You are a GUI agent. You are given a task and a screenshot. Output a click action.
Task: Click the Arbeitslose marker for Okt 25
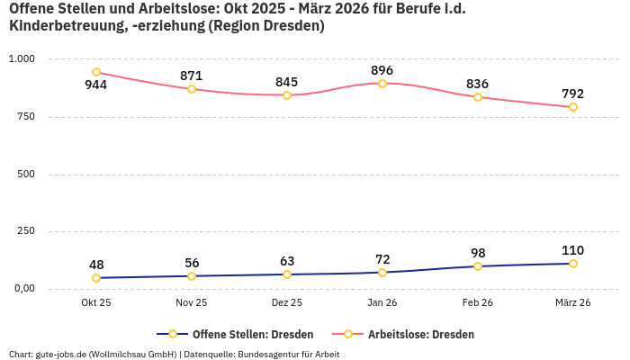96,72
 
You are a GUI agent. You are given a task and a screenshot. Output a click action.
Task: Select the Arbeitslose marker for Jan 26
382,84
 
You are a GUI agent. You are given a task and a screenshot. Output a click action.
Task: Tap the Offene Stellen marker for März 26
573,264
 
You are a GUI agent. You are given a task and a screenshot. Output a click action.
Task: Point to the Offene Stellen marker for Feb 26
478,266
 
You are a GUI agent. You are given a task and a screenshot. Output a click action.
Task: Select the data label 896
382,70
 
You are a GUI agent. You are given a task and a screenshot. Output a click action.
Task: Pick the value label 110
573,250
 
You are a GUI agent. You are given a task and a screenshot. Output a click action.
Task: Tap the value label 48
96,265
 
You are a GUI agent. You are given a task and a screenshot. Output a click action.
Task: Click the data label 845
287,82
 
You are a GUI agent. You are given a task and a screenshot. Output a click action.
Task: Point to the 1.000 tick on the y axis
21,58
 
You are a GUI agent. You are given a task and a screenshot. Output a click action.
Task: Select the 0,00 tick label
22,289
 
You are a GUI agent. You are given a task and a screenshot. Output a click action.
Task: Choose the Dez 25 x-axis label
287,303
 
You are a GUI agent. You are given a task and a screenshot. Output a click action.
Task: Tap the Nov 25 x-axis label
192,303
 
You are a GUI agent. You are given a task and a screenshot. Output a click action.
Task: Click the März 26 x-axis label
573,303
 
